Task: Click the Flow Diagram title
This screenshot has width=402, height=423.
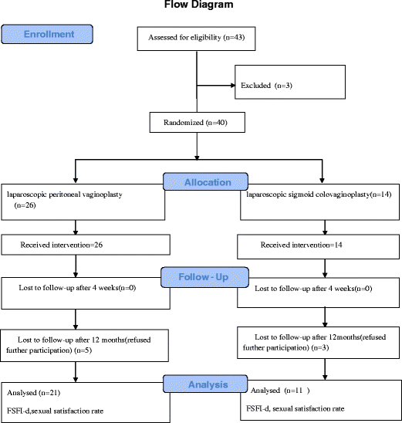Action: pyautogui.click(x=199, y=5)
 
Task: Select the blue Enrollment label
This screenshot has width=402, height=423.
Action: pyautogui.click(x=49, y=35)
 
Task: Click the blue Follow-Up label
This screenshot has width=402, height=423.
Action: pyautogui.click(x=203, y=276)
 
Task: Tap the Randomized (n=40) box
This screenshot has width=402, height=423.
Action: pyautogui.click(x=198, y=120)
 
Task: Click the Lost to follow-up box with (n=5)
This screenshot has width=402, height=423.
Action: pyautogui.click(x=86, y=344)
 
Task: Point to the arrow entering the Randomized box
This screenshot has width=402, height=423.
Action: pyautogui.click(x=198, y=106)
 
